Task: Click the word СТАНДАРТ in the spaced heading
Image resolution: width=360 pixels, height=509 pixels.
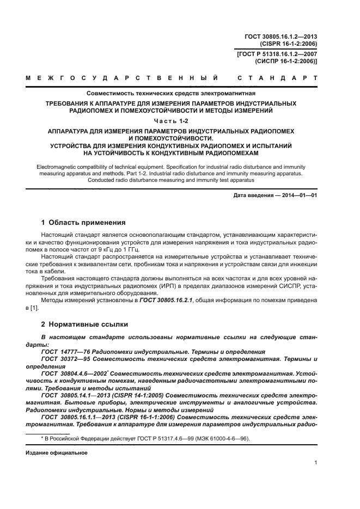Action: coord(278,78)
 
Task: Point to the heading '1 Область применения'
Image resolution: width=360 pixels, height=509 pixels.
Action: coord(83,223)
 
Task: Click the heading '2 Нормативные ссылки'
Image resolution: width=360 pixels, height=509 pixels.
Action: coord(84,324)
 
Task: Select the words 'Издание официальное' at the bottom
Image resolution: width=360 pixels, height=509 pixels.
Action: coord(57,452)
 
